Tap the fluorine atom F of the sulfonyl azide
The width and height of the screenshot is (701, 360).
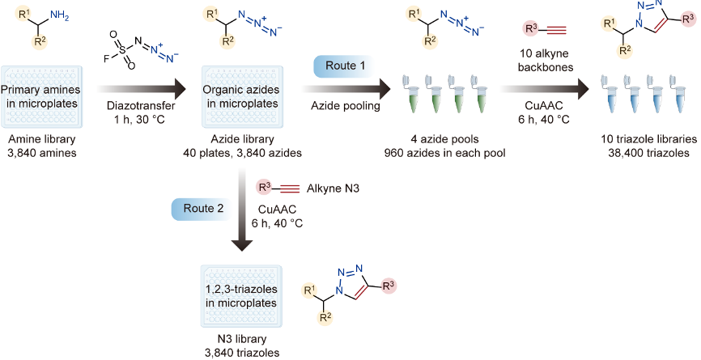(106, 59)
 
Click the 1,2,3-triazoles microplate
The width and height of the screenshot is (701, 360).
(240, 291)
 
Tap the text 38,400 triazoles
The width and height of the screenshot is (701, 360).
(635, 150)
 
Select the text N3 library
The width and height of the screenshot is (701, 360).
(240, 340)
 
